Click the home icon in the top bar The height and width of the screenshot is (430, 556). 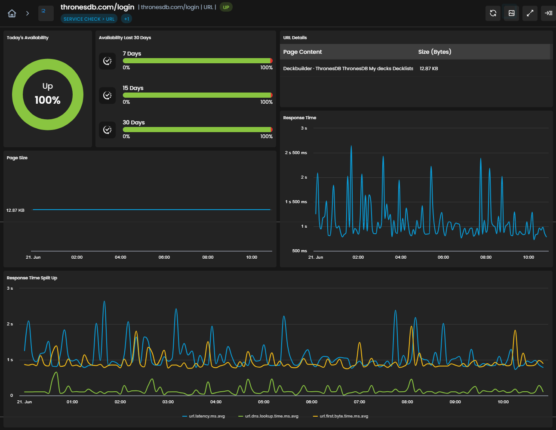12,13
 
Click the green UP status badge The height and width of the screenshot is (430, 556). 226,7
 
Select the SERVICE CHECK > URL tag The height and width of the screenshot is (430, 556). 89,19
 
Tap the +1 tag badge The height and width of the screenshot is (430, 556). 126,19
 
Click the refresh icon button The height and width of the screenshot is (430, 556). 493,13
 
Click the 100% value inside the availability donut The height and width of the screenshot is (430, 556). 48,100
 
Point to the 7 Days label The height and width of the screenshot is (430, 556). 132,53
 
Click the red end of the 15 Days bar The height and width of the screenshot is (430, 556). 271,95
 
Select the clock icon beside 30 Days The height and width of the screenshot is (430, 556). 108,130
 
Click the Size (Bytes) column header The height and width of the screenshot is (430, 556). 434,52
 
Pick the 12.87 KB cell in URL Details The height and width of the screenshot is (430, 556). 429,68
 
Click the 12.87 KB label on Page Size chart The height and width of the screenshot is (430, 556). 15,210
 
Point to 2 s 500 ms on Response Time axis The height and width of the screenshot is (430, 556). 296,153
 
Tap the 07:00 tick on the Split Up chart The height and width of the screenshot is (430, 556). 359,402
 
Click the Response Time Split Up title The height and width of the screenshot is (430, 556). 32,278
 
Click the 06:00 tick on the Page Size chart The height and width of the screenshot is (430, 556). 164,257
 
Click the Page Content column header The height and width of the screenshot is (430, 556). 302,52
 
